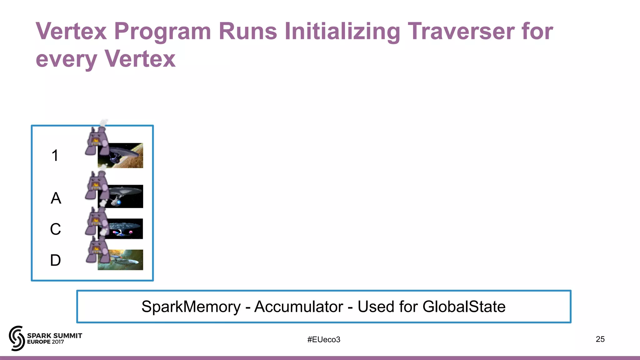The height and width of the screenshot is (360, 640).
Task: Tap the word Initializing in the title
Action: click(x=342, y=31)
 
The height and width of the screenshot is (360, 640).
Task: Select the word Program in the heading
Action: click(x=162, y=31)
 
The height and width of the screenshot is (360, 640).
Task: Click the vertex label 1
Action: click(x=55, y=155)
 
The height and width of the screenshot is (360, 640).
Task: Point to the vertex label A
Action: click(x=56, y=198)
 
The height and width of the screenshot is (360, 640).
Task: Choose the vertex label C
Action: click(x=55, y=229)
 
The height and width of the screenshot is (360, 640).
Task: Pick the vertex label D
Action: click(x=55, y=260)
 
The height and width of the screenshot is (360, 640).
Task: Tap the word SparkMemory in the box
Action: click(x=191, y=307)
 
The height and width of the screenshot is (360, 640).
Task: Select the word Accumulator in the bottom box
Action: click(x=298, y=307)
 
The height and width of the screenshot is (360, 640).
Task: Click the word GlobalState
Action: click(x=464, y=307)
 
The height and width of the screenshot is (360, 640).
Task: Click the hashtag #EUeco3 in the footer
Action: click(x=323, y=339)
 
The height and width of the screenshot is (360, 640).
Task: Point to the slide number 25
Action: click(x=600, y=339)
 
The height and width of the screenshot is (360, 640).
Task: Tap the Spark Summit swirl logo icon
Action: click(x=17, y=338)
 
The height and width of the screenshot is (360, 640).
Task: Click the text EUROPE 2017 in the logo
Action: click(x=46, y=342)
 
